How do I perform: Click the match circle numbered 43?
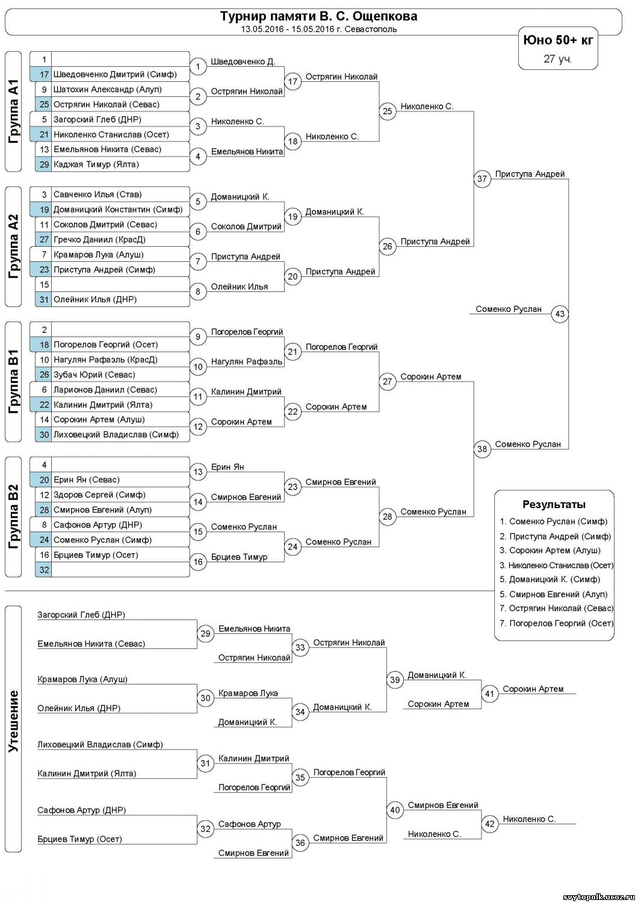(x=560, y=314)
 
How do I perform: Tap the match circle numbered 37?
(x=482, y=179)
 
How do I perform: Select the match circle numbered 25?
(x=388, y=111)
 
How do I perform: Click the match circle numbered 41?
(x=490, y=694)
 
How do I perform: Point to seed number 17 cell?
(x=44, y=75)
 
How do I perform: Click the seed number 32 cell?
(x=44, y=569)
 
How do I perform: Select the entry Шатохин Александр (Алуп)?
(x=107, y=90)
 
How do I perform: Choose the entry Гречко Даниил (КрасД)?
(x=99, y=240)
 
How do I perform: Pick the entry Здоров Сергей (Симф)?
(x=99, y=495)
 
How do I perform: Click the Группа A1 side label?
(x=14, y=111)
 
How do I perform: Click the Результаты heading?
(x=554, y=504)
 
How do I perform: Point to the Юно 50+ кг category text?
(x=558, y=40)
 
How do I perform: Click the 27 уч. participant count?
(x=558, y=59)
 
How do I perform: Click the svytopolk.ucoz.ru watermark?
(x=598, y=897)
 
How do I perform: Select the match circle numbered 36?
(x=300, y=843)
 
